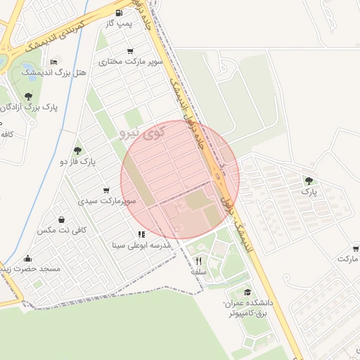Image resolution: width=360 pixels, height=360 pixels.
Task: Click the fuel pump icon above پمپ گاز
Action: click(119, 13)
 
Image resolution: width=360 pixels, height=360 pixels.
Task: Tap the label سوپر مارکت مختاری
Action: click(131, 62)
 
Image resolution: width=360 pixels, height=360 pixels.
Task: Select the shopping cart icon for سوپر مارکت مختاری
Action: click(131, 51)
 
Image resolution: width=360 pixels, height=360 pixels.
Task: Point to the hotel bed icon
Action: click(55, 62)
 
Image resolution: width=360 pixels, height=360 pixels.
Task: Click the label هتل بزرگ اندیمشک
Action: click(55, 72)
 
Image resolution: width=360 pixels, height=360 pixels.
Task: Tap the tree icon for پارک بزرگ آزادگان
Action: click(28, 96)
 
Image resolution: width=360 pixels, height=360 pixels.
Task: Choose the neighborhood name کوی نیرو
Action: click(143, 131)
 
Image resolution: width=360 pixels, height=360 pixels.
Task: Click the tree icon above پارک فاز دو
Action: click(77, 150)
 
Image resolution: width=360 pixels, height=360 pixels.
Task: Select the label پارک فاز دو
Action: click(77, 162)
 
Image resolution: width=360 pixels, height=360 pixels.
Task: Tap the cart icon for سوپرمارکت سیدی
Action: click(106, 190)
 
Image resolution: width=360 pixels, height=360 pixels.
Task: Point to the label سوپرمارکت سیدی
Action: click(107, 201)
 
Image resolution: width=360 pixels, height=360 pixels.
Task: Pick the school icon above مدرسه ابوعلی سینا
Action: click(141, 234)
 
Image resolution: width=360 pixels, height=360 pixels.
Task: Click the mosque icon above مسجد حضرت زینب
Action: click(27, 258)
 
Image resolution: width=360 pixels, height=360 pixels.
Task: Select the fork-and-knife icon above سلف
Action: click(198, 261)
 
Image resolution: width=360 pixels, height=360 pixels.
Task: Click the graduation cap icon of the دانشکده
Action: click(247, 292)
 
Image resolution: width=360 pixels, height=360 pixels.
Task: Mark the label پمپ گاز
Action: click(119, 24)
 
